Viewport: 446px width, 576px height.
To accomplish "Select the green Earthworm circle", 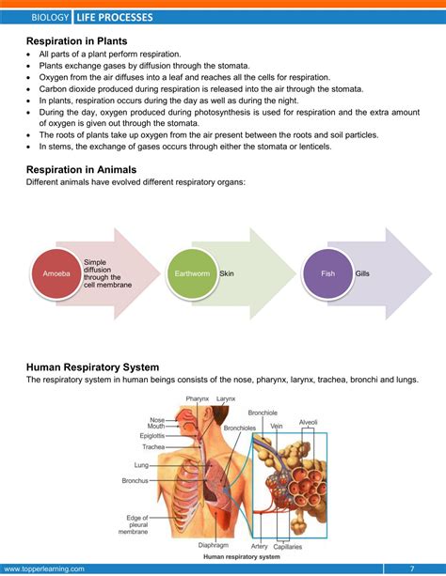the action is [185, 273].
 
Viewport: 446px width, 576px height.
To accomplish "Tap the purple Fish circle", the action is [327, 273].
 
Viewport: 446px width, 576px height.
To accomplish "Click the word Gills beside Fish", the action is [363, 273].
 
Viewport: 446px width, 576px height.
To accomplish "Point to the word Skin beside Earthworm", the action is [227, 273].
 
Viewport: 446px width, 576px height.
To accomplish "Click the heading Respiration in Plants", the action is [77, 41].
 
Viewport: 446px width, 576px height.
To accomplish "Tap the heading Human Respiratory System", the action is [92, 366].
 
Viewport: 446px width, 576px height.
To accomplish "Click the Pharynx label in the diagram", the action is [198, 399].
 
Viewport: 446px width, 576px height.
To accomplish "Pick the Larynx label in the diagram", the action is [226, 399].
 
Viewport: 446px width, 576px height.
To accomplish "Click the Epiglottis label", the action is [151, 436].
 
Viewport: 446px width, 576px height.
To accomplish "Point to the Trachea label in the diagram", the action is [153, 447].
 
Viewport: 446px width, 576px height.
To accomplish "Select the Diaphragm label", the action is [213, 544].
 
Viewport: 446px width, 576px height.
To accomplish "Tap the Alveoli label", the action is [309, 422].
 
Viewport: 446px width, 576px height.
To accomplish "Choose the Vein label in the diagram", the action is [276, 426].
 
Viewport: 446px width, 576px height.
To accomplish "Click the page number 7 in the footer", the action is [411, 568].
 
